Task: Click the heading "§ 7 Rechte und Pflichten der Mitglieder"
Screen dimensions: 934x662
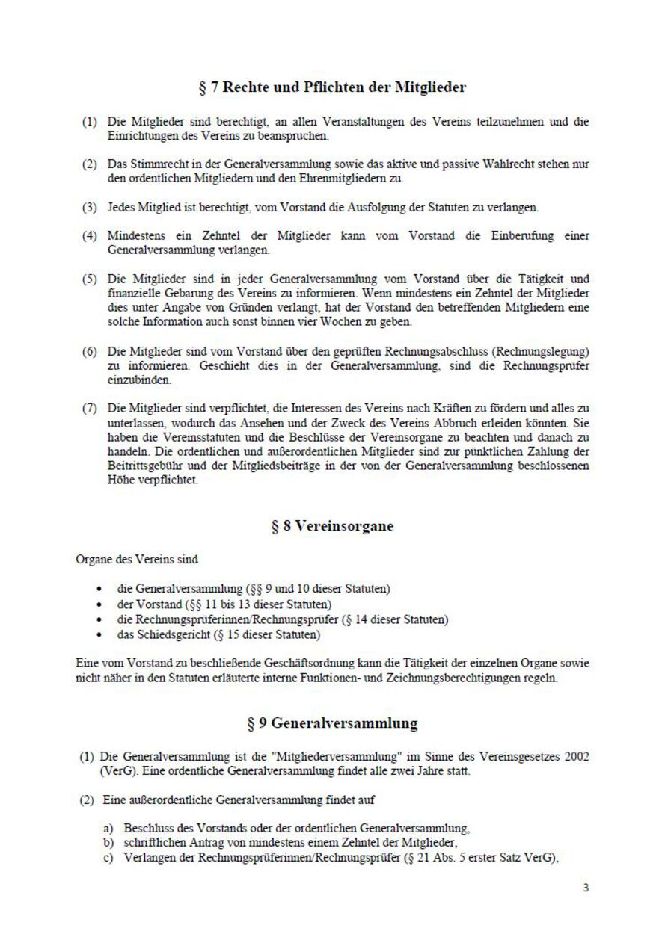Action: [332, 87]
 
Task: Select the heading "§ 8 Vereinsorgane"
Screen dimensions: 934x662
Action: [332, 525]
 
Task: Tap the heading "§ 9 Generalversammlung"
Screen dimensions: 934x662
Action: [332, 723]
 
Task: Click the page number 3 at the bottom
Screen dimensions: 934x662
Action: [586, 888]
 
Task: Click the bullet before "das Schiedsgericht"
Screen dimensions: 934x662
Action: [100, 636]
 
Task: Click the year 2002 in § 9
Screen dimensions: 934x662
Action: [575, 757]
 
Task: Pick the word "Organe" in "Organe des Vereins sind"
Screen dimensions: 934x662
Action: [92, 558]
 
